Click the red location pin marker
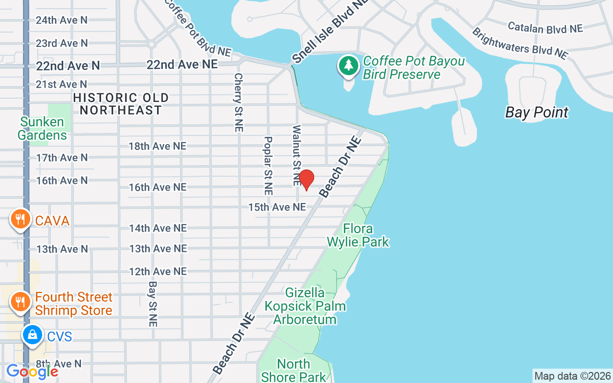[306, 180]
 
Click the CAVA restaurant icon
[20, 220]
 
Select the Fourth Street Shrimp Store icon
[20, 302]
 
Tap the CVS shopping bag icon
[32, 335]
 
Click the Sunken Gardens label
[42, 128]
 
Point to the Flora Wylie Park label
[358, 235]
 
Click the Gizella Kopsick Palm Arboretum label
[305, 306]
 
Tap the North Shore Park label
[294, 370]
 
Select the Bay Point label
[536, 113]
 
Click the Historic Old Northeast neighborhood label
[121, 104]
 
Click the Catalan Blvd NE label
[545, 27]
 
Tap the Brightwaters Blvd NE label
[520, 44]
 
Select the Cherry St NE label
[238, 102]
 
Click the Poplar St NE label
[268, 166]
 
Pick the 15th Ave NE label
[277, 207]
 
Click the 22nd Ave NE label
[182, 64]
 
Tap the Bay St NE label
[153, 304]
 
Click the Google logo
[32, 371]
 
